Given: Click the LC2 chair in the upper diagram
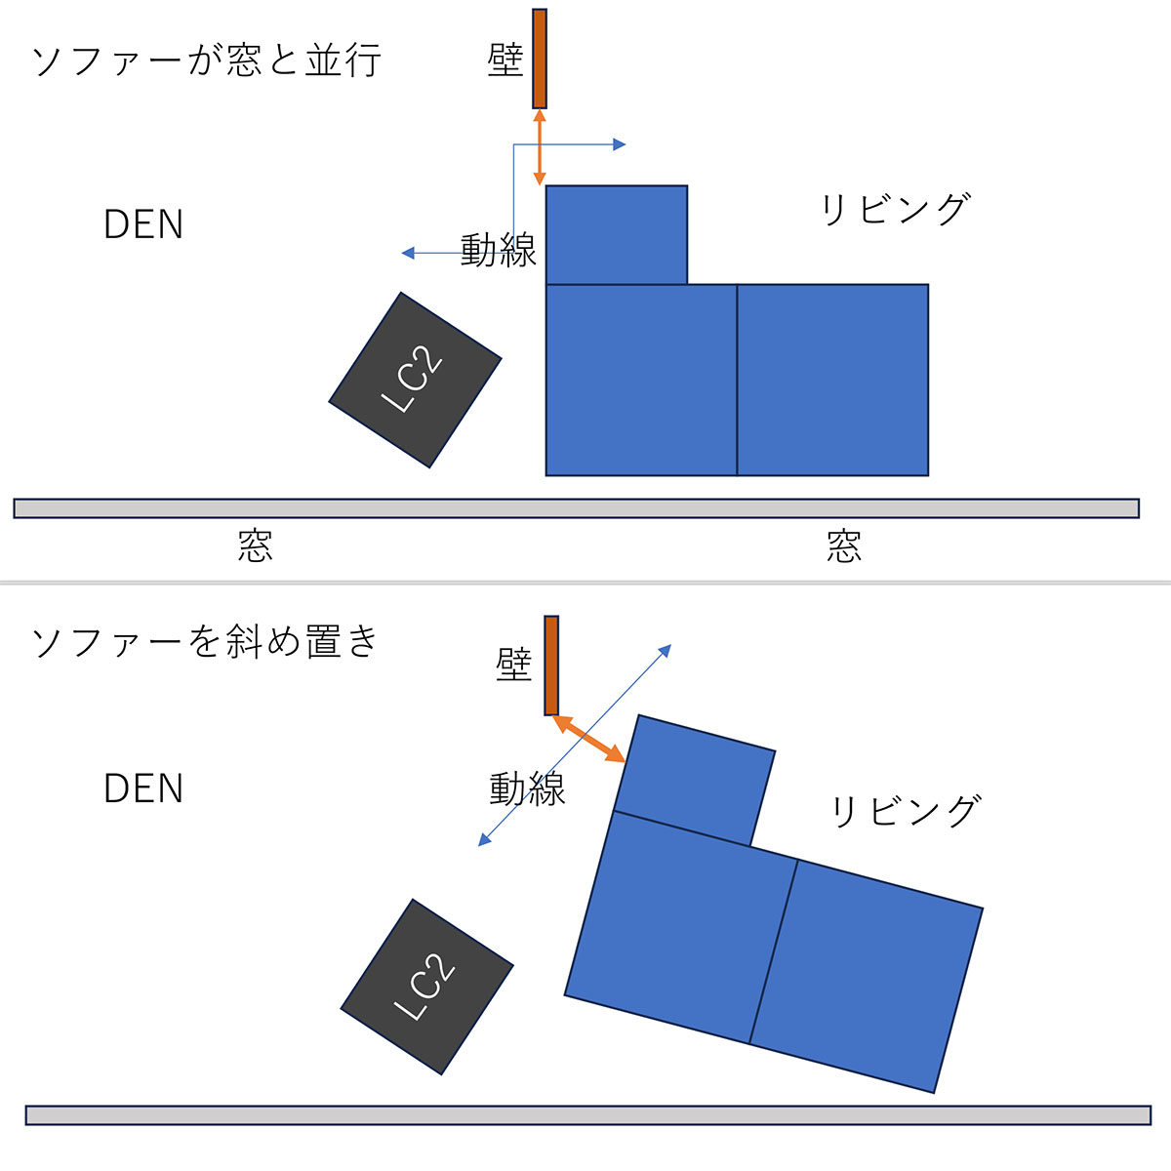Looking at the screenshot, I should [415, 380].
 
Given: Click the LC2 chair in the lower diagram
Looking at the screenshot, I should [426, 987].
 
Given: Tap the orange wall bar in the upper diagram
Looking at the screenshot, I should [540, 59].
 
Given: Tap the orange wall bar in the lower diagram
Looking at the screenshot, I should [551, 666].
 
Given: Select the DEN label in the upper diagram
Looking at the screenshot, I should [143, 225].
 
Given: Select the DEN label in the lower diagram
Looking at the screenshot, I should [143, 788].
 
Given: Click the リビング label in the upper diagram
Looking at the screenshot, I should [895, 209].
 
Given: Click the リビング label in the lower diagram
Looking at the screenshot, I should [904, 811].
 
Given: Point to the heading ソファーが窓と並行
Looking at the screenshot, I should [206, 61].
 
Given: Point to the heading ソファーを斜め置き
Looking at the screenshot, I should [205, 642].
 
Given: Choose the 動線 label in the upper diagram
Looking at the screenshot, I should [498, 250].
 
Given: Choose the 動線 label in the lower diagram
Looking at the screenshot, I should [527, 787].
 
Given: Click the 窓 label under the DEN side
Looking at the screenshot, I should [255, 545].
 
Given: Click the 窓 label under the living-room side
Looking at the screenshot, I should [843, 546].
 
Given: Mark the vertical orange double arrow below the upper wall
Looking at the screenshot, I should [540, 147].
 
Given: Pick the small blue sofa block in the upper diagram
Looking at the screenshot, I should [617, 234].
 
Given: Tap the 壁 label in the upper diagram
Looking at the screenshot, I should [505, 60].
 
